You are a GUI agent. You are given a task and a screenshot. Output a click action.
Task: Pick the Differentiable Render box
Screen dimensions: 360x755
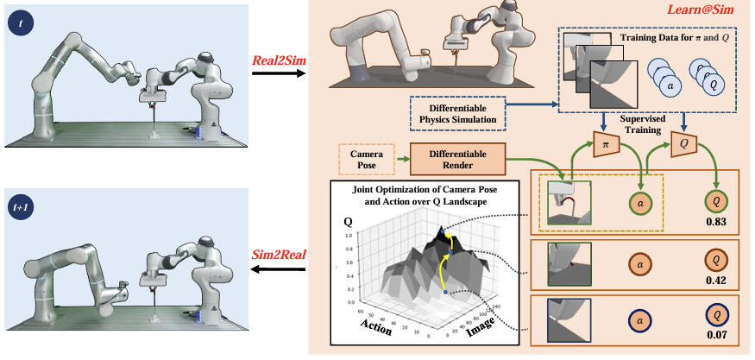coord(455,159)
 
